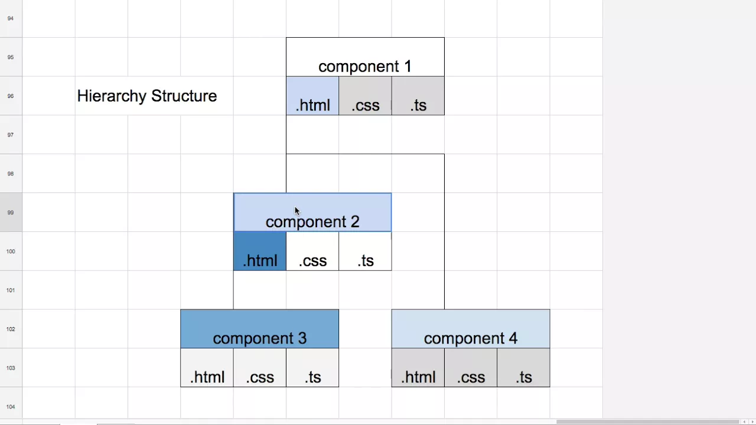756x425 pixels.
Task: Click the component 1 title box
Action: pyautogui.click(x=365, y=57)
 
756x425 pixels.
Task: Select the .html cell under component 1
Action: pyautogui.click(x=312, y=96)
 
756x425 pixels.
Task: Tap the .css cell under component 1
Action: pyautogui.click(x=365, y=96)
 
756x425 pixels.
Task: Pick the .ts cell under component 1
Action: pyautogui.click(x=418, y=96)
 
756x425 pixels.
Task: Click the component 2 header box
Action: pyautogui.click(x=312, y=212)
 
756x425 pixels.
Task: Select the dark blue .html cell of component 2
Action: pyautogui.click(x=260, y=251)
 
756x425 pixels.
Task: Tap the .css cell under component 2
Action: pyautogui.click(x=312, y=251)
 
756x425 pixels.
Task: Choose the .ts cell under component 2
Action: pyautogui.click(x=365, y=251)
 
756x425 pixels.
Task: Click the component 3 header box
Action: pyautogui.click(x=259, y=329)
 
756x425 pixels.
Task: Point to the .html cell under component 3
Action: pyautogui.click(x=207, y=368)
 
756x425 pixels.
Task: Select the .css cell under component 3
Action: pyautogui.click(x=259, y=368)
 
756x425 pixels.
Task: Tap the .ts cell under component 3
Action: pyautogui.click(x=312, y=368)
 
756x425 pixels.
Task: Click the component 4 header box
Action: pyautogui.click(x=471, y=329)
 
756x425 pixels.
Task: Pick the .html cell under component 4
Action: pyautogui.click(x=418, y=368)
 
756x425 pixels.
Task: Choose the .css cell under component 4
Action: pyautogui.click(x=471, y=368)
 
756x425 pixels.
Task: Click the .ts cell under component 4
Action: pyautogui.click(x=523, y=368)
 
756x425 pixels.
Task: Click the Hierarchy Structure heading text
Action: pyautogui.click(x=147, y=96)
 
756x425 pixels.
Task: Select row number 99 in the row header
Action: pyautogui.click(x=11, y=212)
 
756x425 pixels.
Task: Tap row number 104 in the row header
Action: pyautogui.click(x=11, y=407)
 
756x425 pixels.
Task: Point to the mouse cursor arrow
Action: pyautogui.click(x=297, y=211)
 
